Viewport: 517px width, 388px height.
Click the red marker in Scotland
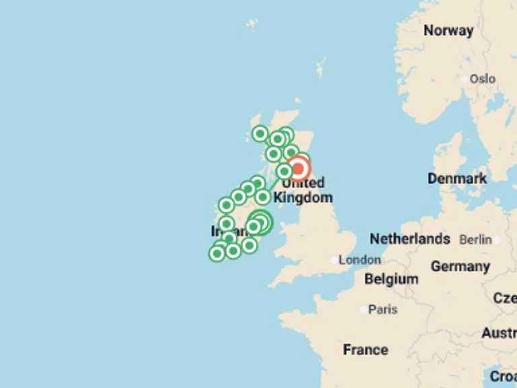(x=299, y=168)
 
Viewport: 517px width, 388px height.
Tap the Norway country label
(x=448, y=30)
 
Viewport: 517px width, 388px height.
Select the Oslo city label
(x=483, y=79)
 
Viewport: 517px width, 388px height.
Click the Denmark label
(x=457, y=179)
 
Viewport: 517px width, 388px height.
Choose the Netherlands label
(x=410, y=239)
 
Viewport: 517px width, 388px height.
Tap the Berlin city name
(x=476, y=240)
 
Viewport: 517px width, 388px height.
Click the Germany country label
(x=460, y=266)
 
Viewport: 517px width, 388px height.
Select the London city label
(x=359, y=260)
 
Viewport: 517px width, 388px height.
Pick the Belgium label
(x=391, y=279)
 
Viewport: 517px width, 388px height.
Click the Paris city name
(x=383, y=310)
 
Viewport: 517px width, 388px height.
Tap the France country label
(x=366, y=350)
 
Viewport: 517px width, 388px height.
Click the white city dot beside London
(x=335, y=260)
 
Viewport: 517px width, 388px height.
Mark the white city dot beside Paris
(x=364, y=310)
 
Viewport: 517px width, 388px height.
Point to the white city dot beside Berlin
(x=497, y=240)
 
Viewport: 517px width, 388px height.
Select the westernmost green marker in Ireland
(x=216, y=253)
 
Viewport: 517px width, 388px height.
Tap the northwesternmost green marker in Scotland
(x=260, y=133)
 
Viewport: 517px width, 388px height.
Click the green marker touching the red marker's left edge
(x=285, y=171)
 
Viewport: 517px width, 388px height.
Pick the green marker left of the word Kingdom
(x=263, y=197)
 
